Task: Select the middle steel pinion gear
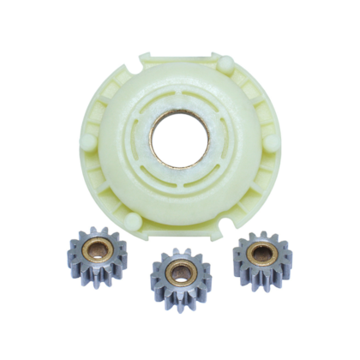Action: click(180, 274)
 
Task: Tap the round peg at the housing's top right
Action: click(225, 63)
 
